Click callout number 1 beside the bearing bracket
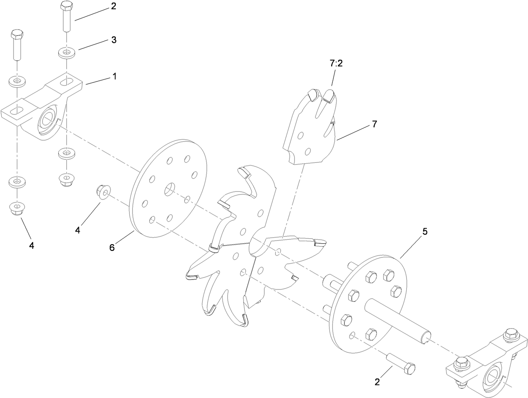click(114, 76)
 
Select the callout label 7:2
click(336, 63)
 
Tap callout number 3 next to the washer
click(114, 40)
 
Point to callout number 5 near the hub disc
click(425, 232)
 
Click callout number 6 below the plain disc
click(112, 248)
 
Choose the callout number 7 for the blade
click(374, 124)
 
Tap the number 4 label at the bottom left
click(32, 245)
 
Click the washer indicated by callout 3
click(66, 53)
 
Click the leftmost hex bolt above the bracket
click(16, 44)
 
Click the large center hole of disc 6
click(170, 190)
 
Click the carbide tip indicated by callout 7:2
click(329, 95)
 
